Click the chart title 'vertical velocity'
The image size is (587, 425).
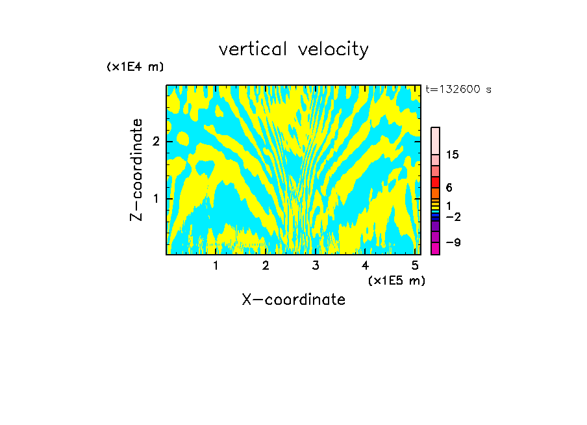[293, 49]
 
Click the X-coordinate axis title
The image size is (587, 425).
[293, 300]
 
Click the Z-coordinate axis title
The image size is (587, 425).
[136, 170]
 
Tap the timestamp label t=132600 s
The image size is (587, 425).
[458, 90]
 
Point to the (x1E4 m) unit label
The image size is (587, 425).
[135, 67]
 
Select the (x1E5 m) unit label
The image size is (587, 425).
[396, 280]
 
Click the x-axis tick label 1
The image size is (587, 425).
[216, 266]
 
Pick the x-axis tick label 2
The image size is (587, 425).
[266, 266]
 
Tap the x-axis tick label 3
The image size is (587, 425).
[316, 266]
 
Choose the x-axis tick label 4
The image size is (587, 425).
[366, 266]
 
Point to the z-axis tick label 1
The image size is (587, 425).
[156, 198]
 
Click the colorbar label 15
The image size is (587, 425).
[453, 155]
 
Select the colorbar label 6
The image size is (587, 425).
[449, 187]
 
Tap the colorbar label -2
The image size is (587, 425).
[453, 216]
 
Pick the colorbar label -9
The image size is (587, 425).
[453, 242]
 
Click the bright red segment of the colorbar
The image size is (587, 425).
[435, 182]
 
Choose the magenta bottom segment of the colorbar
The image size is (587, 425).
[435, 248]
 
